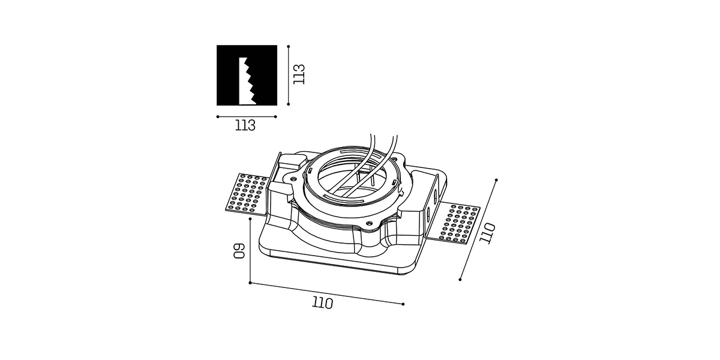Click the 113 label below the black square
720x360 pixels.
click(245, 125)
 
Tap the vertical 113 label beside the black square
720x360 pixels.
click(299, 74)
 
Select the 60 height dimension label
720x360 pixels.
click(239, 251)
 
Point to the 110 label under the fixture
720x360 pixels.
click(322, 303)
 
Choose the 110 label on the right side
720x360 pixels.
click(487, 233)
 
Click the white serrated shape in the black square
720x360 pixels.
click(247, 81)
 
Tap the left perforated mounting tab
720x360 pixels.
click(247, 193)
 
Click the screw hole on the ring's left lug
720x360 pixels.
click(293, 178)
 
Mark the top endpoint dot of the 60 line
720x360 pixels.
click(250, 219)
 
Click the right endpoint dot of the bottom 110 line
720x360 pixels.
click(403, 304)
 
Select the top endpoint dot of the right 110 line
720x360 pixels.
click(496, 180)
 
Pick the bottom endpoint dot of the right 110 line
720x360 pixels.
click(460, 280)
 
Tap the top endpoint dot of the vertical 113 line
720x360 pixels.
click(289, 47)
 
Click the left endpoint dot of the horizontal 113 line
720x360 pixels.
click(218, 116)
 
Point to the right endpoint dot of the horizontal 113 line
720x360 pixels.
click(275, 116)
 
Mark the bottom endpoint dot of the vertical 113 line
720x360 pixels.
click(289, 104)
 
